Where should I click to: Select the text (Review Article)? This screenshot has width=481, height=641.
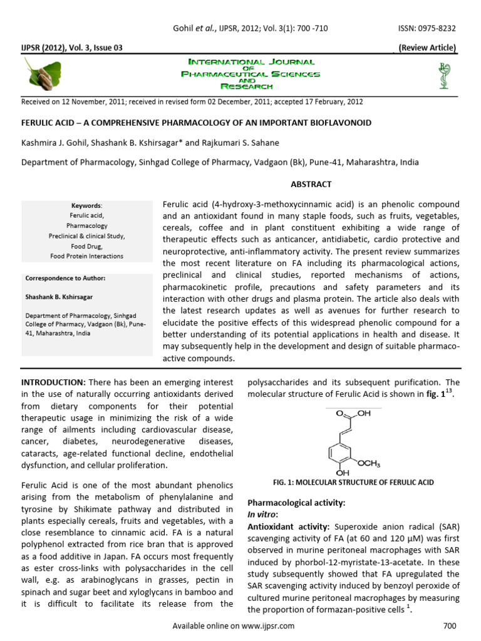coord(428,48)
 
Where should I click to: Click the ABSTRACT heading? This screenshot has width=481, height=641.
coord(310,184)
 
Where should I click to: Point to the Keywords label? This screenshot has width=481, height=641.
coord(86,205)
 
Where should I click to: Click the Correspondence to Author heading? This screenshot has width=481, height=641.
coord(66,277)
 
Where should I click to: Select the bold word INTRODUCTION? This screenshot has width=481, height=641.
coord(53,382)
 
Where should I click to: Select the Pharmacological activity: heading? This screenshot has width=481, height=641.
coord(296,503)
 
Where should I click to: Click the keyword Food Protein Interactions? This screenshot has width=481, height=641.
coord(87,256)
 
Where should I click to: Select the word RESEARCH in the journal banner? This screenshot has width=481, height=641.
coord(251,86)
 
